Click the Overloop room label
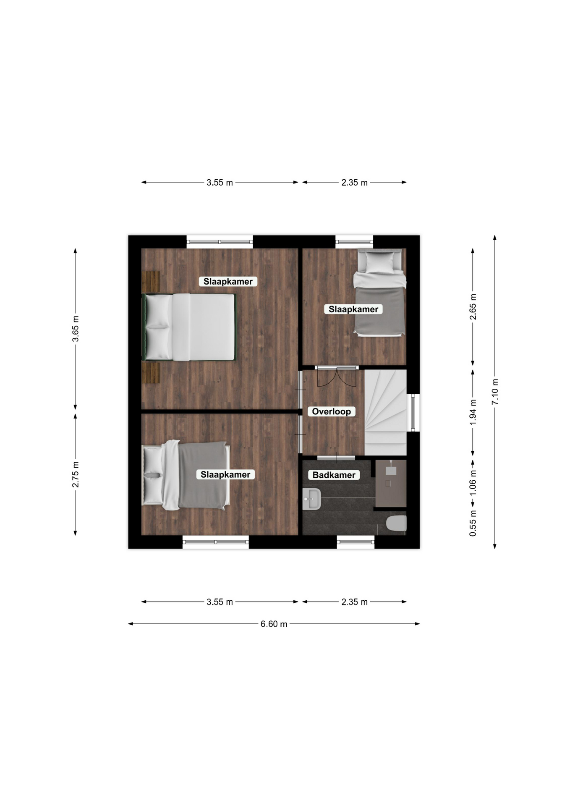331,411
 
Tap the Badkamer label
334,475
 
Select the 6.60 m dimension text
274,624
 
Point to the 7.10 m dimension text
495,392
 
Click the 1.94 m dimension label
473,411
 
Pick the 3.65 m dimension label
76,329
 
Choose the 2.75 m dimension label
76,474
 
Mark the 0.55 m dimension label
473,523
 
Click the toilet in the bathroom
396,523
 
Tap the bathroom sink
311,499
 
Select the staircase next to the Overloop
385,412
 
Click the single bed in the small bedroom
379,293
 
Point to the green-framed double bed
189,327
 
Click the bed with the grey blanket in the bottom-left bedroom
186,475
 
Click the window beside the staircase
413,412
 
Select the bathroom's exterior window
356,542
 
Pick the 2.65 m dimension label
473,306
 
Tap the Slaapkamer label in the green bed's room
228,281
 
